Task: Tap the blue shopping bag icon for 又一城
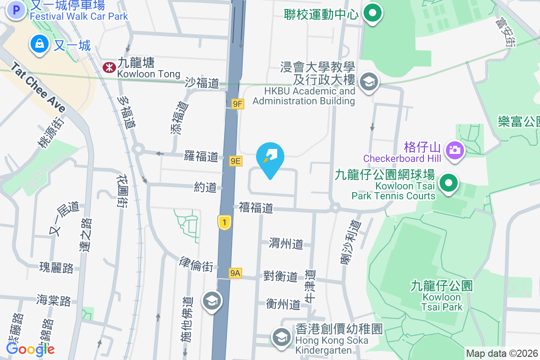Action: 40,44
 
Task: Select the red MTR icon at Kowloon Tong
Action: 108,67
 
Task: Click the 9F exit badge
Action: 238,104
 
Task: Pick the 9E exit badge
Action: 235,161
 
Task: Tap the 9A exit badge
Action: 235,273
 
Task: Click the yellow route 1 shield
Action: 224,222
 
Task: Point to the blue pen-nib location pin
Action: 270,157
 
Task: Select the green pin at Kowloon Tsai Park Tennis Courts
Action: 448,184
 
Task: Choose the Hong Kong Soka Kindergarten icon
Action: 282,336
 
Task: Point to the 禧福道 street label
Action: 256,208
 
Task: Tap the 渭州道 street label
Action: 286,244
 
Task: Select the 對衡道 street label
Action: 280,276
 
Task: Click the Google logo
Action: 30,349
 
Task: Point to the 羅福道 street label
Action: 201,157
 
